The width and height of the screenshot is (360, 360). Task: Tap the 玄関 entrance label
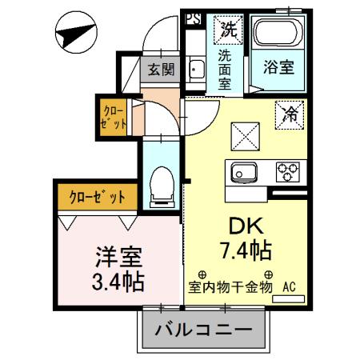pyautogui.click(x=160, y=70)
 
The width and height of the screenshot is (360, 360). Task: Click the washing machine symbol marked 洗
pyautogui.click(x=229, y=30)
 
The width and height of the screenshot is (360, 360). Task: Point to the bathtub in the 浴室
pyautogui.click(x=277, y=36)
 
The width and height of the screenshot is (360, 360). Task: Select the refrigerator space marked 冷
pyautogui.click(x=289, y=114)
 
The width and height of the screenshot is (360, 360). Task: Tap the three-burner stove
pyautogui.click(x=286, y=170)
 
